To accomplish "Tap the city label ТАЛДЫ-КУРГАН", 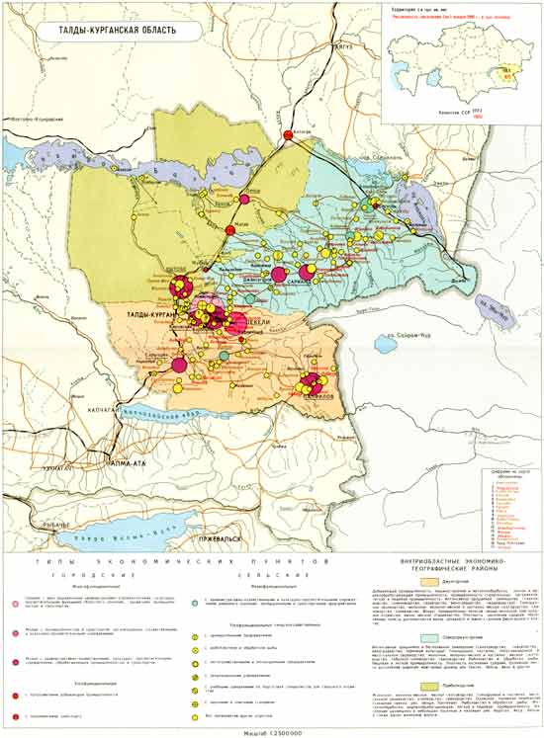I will (x=148, y=313).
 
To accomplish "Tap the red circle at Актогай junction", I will (x=289, y=134).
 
